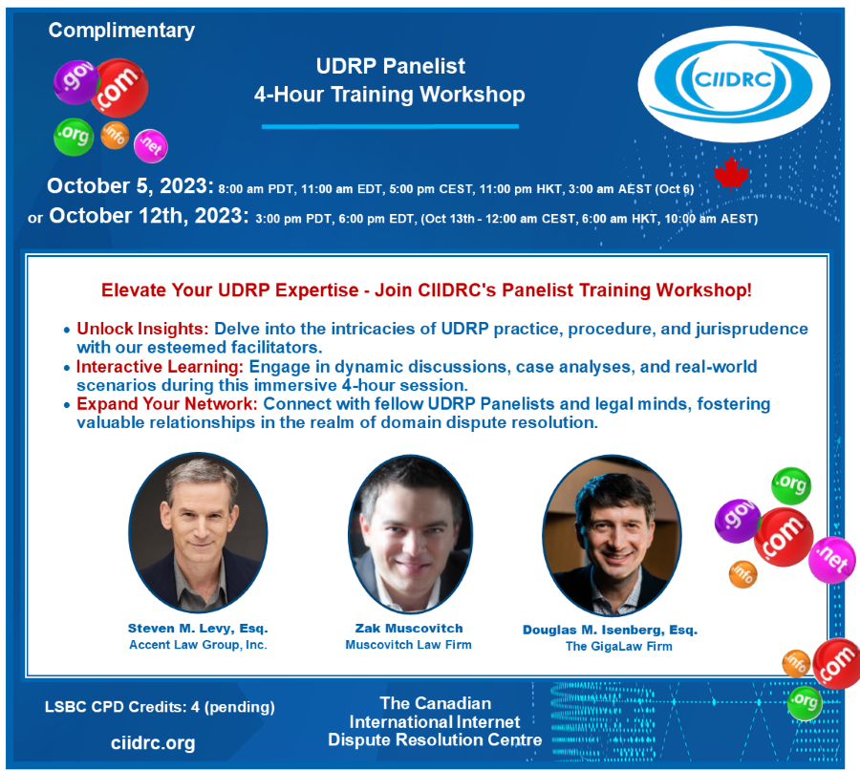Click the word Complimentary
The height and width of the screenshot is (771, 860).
tap(121, 31)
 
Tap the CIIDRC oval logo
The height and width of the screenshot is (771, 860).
tap(734, 84)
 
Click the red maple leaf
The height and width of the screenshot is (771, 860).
tap(731, 174)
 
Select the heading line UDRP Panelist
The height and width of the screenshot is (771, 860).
tap(390, 66)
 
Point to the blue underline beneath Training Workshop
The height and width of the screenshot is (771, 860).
tap(390, 127)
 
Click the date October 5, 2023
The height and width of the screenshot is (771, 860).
tap(130, 186)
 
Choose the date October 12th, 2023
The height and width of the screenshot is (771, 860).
tap(149, 216)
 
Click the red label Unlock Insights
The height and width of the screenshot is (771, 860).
tap(142, 329)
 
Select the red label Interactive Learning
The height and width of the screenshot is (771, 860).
tap(160, 366)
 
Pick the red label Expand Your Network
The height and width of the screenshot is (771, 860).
tap(166, 403)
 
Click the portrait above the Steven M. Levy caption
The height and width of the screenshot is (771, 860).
tap(198, 532)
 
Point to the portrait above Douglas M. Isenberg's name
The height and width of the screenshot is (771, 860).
tap(613, 536)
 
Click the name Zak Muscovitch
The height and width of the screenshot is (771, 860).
tap(409, 629)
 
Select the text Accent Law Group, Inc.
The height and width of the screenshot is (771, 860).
tap(198, 645)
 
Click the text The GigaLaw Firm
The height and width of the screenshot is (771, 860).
tap(618, 647)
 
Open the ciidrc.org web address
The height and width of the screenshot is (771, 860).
tap(153, 743)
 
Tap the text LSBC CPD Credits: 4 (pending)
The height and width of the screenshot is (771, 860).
tap(160, 707)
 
